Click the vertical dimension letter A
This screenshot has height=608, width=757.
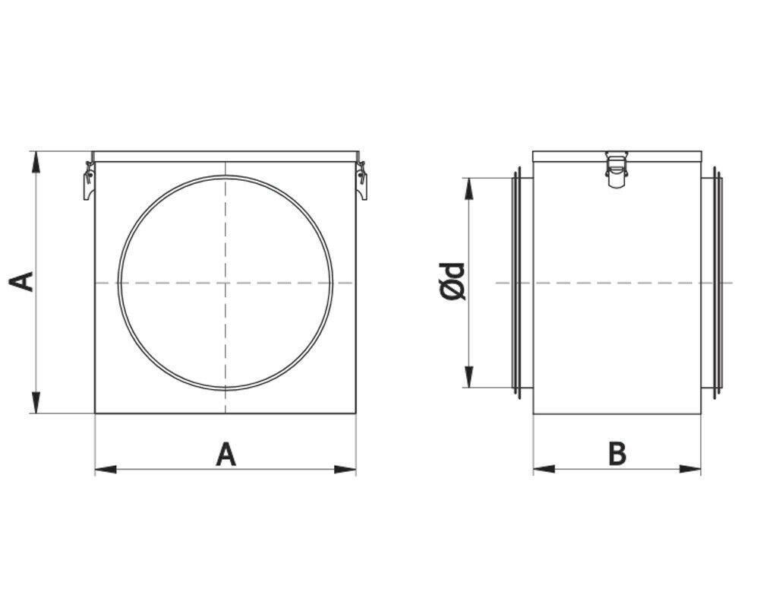pos(22,282)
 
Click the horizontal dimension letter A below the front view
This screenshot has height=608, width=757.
pos(226,454)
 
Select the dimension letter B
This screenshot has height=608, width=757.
pos(617,454)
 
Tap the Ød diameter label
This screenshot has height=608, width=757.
pos(453,282)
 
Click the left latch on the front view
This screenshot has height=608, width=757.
pos(89,180)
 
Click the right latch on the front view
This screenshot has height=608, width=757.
pos(361,180)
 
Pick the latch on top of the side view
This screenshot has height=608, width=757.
pos(617,169)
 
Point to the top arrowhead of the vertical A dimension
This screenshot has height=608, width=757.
pos(35,162)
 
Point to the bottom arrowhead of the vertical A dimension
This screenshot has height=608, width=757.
pos(35,403)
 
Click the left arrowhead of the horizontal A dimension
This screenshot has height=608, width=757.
pos(106,469)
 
